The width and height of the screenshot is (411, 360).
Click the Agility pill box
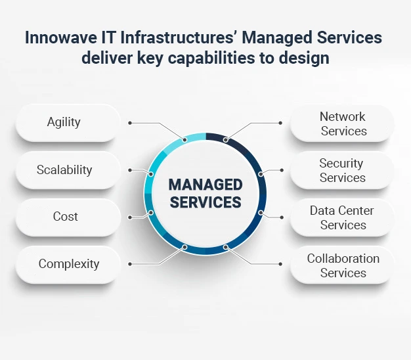(x=68, y=123)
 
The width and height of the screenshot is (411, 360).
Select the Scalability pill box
(x=68, y=170)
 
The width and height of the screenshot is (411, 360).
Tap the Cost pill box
(x=68, y=217)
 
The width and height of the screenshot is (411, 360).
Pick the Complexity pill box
(x=68, y=265)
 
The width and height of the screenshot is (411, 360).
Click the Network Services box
(x=342, y=124)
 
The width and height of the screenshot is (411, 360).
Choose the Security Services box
(x=342, y=170)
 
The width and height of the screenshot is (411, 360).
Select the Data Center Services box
(x=342, y=217)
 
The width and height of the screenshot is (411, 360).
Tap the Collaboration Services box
(x=342, y=265)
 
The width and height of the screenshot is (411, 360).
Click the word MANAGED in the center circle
(x=205, y=185)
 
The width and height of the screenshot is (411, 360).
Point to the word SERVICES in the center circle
(x=205, y=202)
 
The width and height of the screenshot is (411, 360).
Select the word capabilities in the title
(x=211, y=58)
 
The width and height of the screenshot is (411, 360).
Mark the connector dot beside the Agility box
(x=130, y=123)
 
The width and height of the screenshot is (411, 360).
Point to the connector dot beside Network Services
(x=280, y=123)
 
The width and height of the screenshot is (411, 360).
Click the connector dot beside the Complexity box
(x=130, y=264)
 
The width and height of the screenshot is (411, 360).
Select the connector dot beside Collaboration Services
(x=280, y=264)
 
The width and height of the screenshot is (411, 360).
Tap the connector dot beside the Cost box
(x=130, y=217)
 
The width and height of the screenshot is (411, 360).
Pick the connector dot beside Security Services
(x=282, y=170)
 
